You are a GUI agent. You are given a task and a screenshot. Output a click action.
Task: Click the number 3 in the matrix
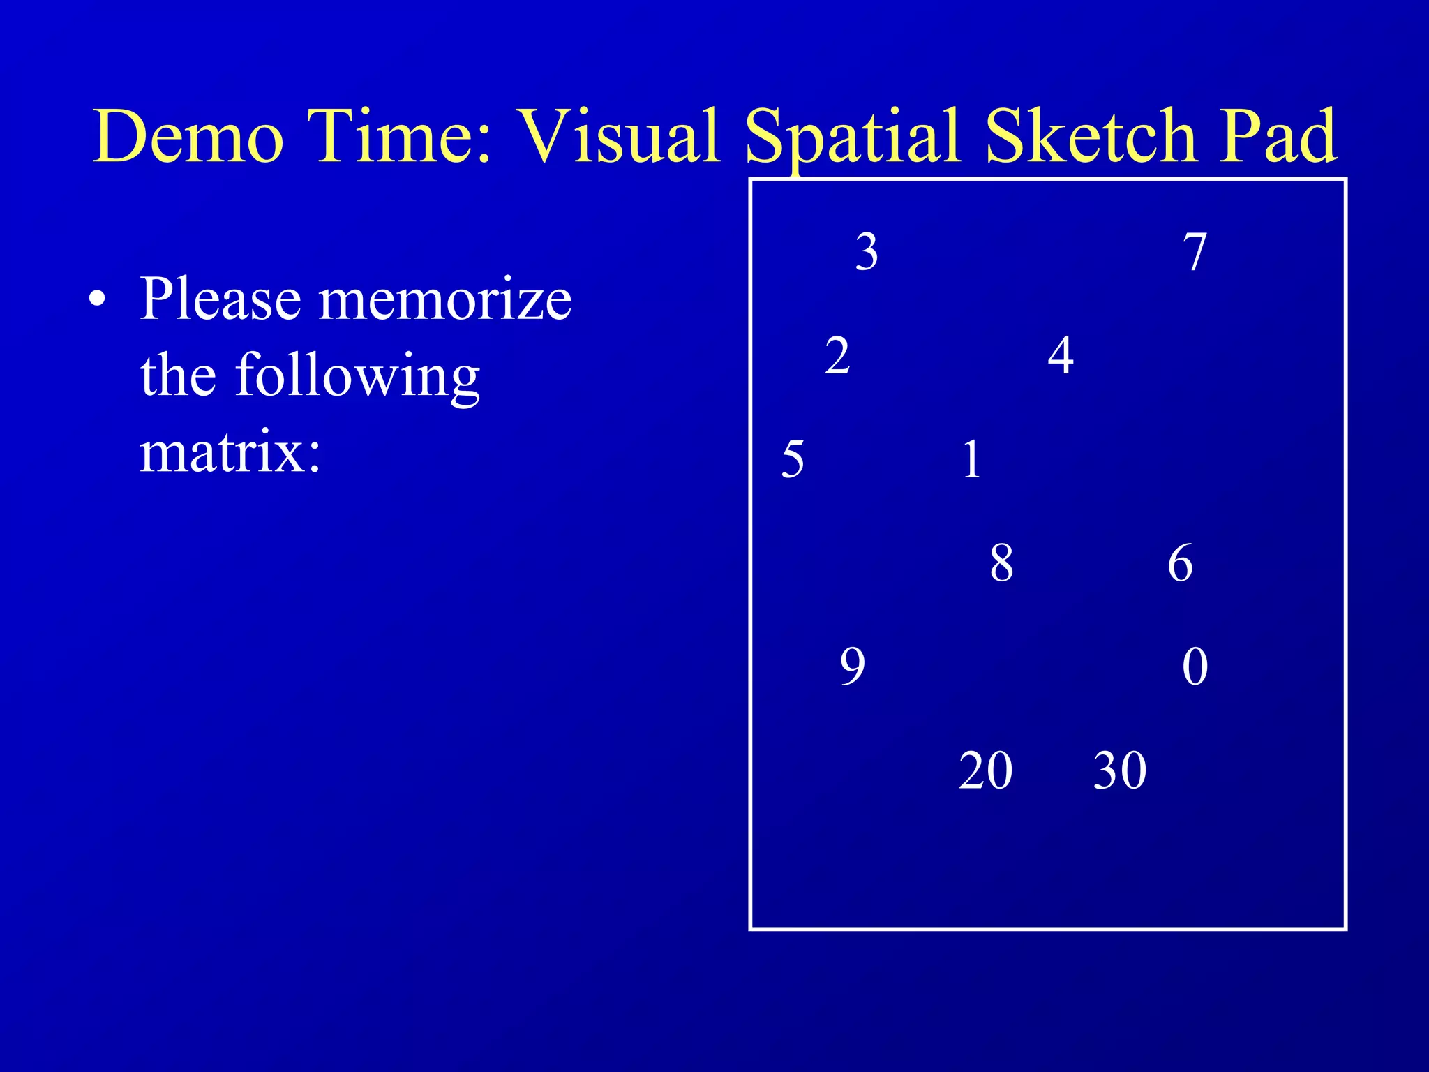867,252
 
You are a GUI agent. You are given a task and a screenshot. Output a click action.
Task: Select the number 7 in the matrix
1195,252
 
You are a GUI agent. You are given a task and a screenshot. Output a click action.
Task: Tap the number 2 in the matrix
837,355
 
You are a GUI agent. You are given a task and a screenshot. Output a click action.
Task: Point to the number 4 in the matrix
1061,355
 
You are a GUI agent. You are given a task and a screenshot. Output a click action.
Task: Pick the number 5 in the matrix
793,459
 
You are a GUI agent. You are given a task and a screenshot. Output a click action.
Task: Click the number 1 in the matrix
971,459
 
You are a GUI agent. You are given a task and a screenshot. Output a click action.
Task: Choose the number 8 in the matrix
1001,563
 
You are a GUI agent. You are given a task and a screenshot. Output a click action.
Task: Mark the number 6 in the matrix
1180,563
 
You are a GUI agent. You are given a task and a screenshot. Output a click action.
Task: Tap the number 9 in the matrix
852,667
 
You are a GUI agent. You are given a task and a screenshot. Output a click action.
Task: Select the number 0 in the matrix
1195,667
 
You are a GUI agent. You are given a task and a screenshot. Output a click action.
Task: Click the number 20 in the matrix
985,770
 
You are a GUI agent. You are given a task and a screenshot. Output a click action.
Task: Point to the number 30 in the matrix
1119,770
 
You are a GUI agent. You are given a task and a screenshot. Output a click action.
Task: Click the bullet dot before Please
98,299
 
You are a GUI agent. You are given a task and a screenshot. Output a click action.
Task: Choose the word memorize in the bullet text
445,299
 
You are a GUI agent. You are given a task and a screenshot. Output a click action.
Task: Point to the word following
357,377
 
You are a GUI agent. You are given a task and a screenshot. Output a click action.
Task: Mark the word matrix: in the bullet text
230,452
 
